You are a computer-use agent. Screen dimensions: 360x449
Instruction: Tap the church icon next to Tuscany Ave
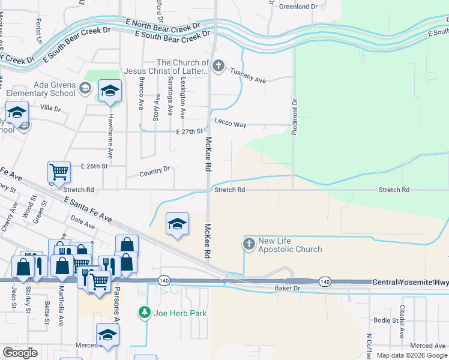(219, 65)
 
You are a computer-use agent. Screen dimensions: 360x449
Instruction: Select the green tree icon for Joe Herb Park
(144, 312)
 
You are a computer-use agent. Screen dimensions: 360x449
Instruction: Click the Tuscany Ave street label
(248, 80)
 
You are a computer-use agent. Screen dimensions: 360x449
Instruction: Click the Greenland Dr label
(298, 7)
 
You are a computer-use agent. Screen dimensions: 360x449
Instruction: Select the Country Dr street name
(155, 172)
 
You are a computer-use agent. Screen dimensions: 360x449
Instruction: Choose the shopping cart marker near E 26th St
(59, 172)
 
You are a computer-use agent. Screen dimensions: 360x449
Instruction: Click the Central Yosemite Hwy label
(411, 281)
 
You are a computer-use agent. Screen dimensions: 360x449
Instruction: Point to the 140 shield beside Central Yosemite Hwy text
(325, 281)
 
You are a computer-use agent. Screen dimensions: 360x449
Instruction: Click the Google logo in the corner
(20, 353)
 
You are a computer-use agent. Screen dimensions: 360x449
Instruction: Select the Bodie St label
(385, 320)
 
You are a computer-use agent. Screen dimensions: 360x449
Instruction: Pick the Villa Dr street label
(50, 109)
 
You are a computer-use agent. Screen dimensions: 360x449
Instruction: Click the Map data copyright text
(411, 355)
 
